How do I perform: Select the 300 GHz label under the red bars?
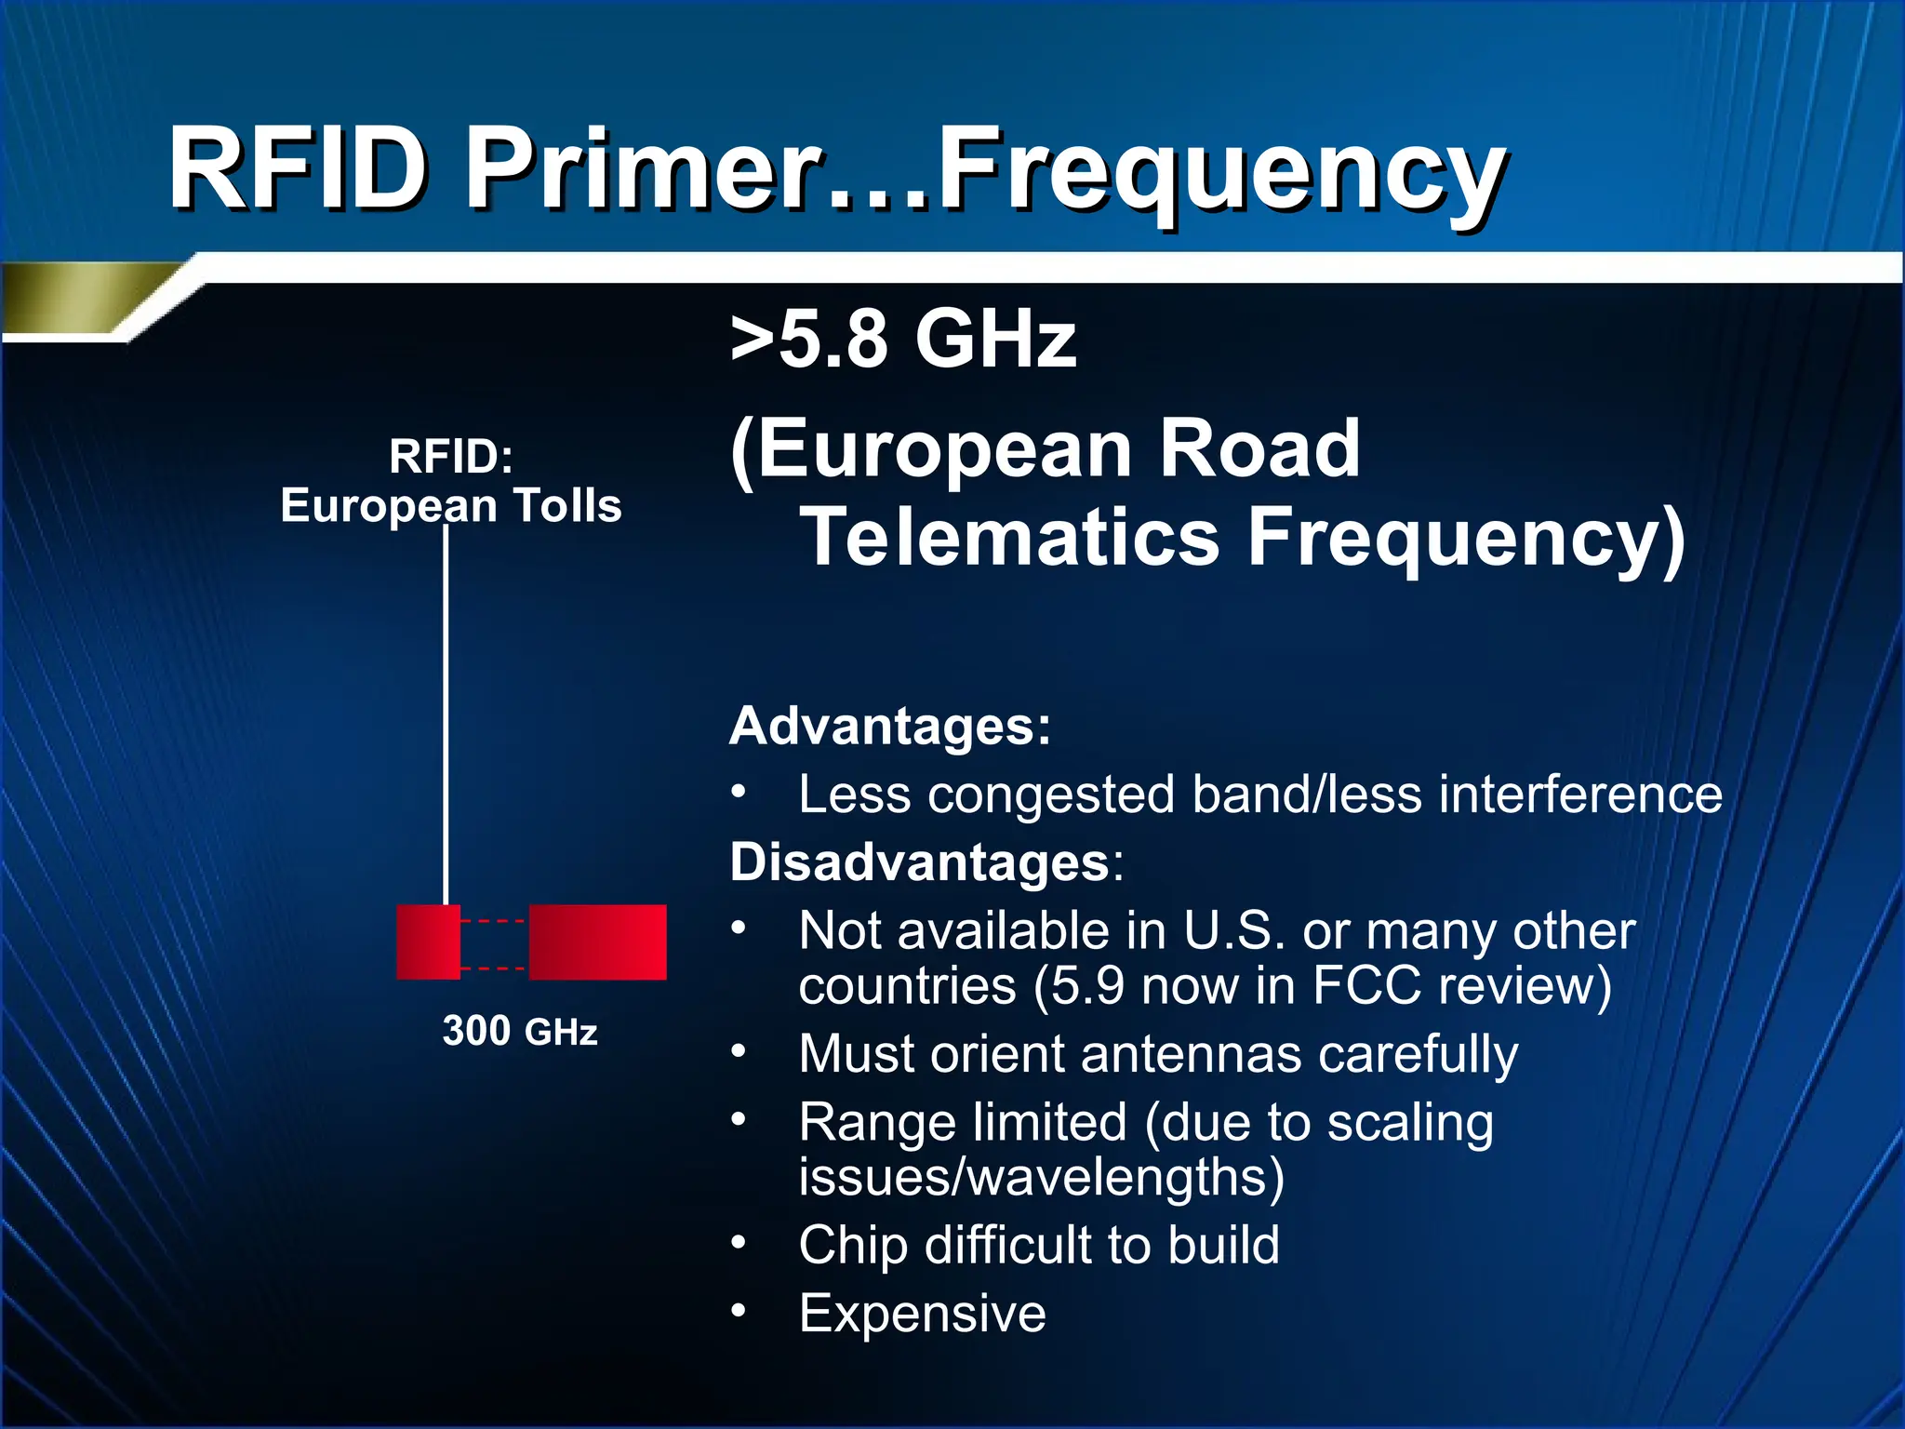[x=520, y=1031]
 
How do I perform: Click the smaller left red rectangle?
[x=428, y=942]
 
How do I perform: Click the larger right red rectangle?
[x=598, y=942]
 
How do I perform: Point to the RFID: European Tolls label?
[x=451, y=482]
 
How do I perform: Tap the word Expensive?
[x=922, y=1314]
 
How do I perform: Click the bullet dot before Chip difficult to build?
[x=739, y=1242]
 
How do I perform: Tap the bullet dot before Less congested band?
[x=739, y=793]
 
